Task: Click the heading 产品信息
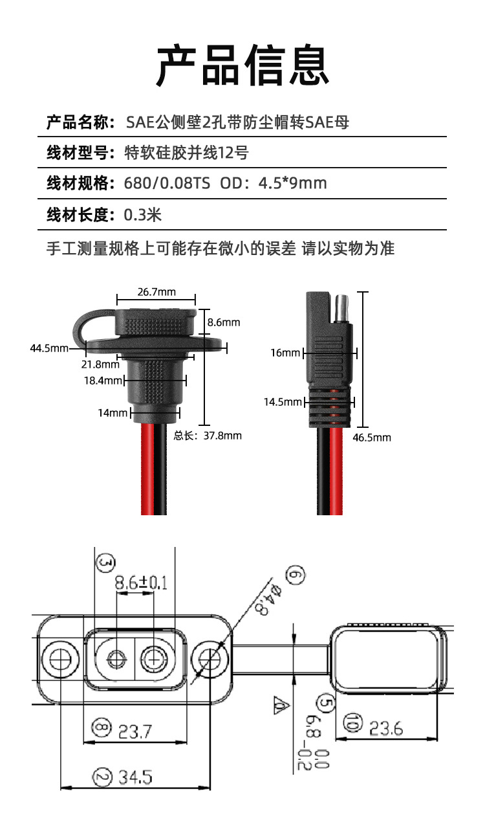(242, 65)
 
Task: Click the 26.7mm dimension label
(156, 292)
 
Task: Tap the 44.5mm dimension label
(49, 348)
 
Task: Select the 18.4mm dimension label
(102, 381)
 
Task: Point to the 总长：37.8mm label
(208, 436)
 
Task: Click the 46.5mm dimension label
(371, 438)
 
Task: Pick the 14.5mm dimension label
(283, 402)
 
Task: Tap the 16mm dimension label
(285, 353)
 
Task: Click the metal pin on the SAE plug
(341, 306)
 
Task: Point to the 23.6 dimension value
(385, 729)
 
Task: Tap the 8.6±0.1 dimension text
(140, 583)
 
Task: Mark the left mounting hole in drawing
(61, 660)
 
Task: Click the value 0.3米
(142, 215)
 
